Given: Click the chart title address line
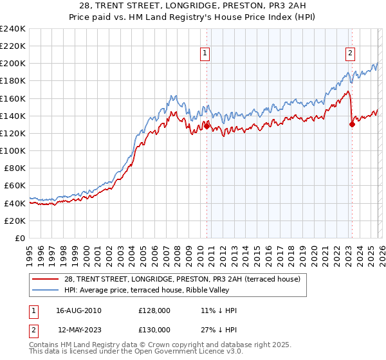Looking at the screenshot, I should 193,6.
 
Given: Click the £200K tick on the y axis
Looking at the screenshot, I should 13,64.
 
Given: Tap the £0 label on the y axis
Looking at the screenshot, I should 21,238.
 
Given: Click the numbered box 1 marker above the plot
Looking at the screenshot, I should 205,54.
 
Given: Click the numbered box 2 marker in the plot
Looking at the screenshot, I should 350,54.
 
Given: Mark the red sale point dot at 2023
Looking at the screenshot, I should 352,125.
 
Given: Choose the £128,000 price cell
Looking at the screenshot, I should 154,310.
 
